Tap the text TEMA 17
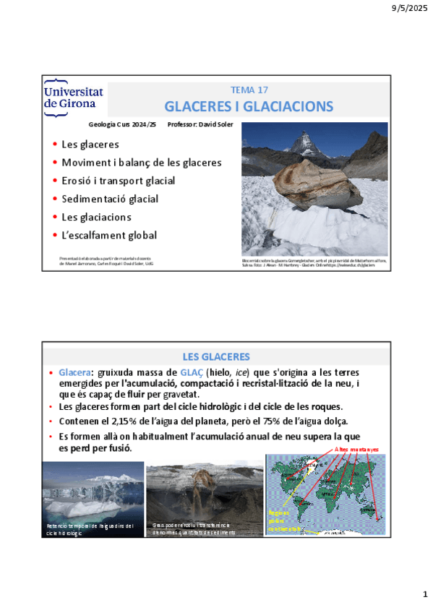click(x=249, y=90)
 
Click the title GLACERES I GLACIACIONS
click(x=249, y=107)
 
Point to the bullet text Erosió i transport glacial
click(x=118, y=181)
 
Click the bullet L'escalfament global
click(x=109, y=235)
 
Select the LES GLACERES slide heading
click(x=216, y=357)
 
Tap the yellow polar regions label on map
click(x=281, y=518)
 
